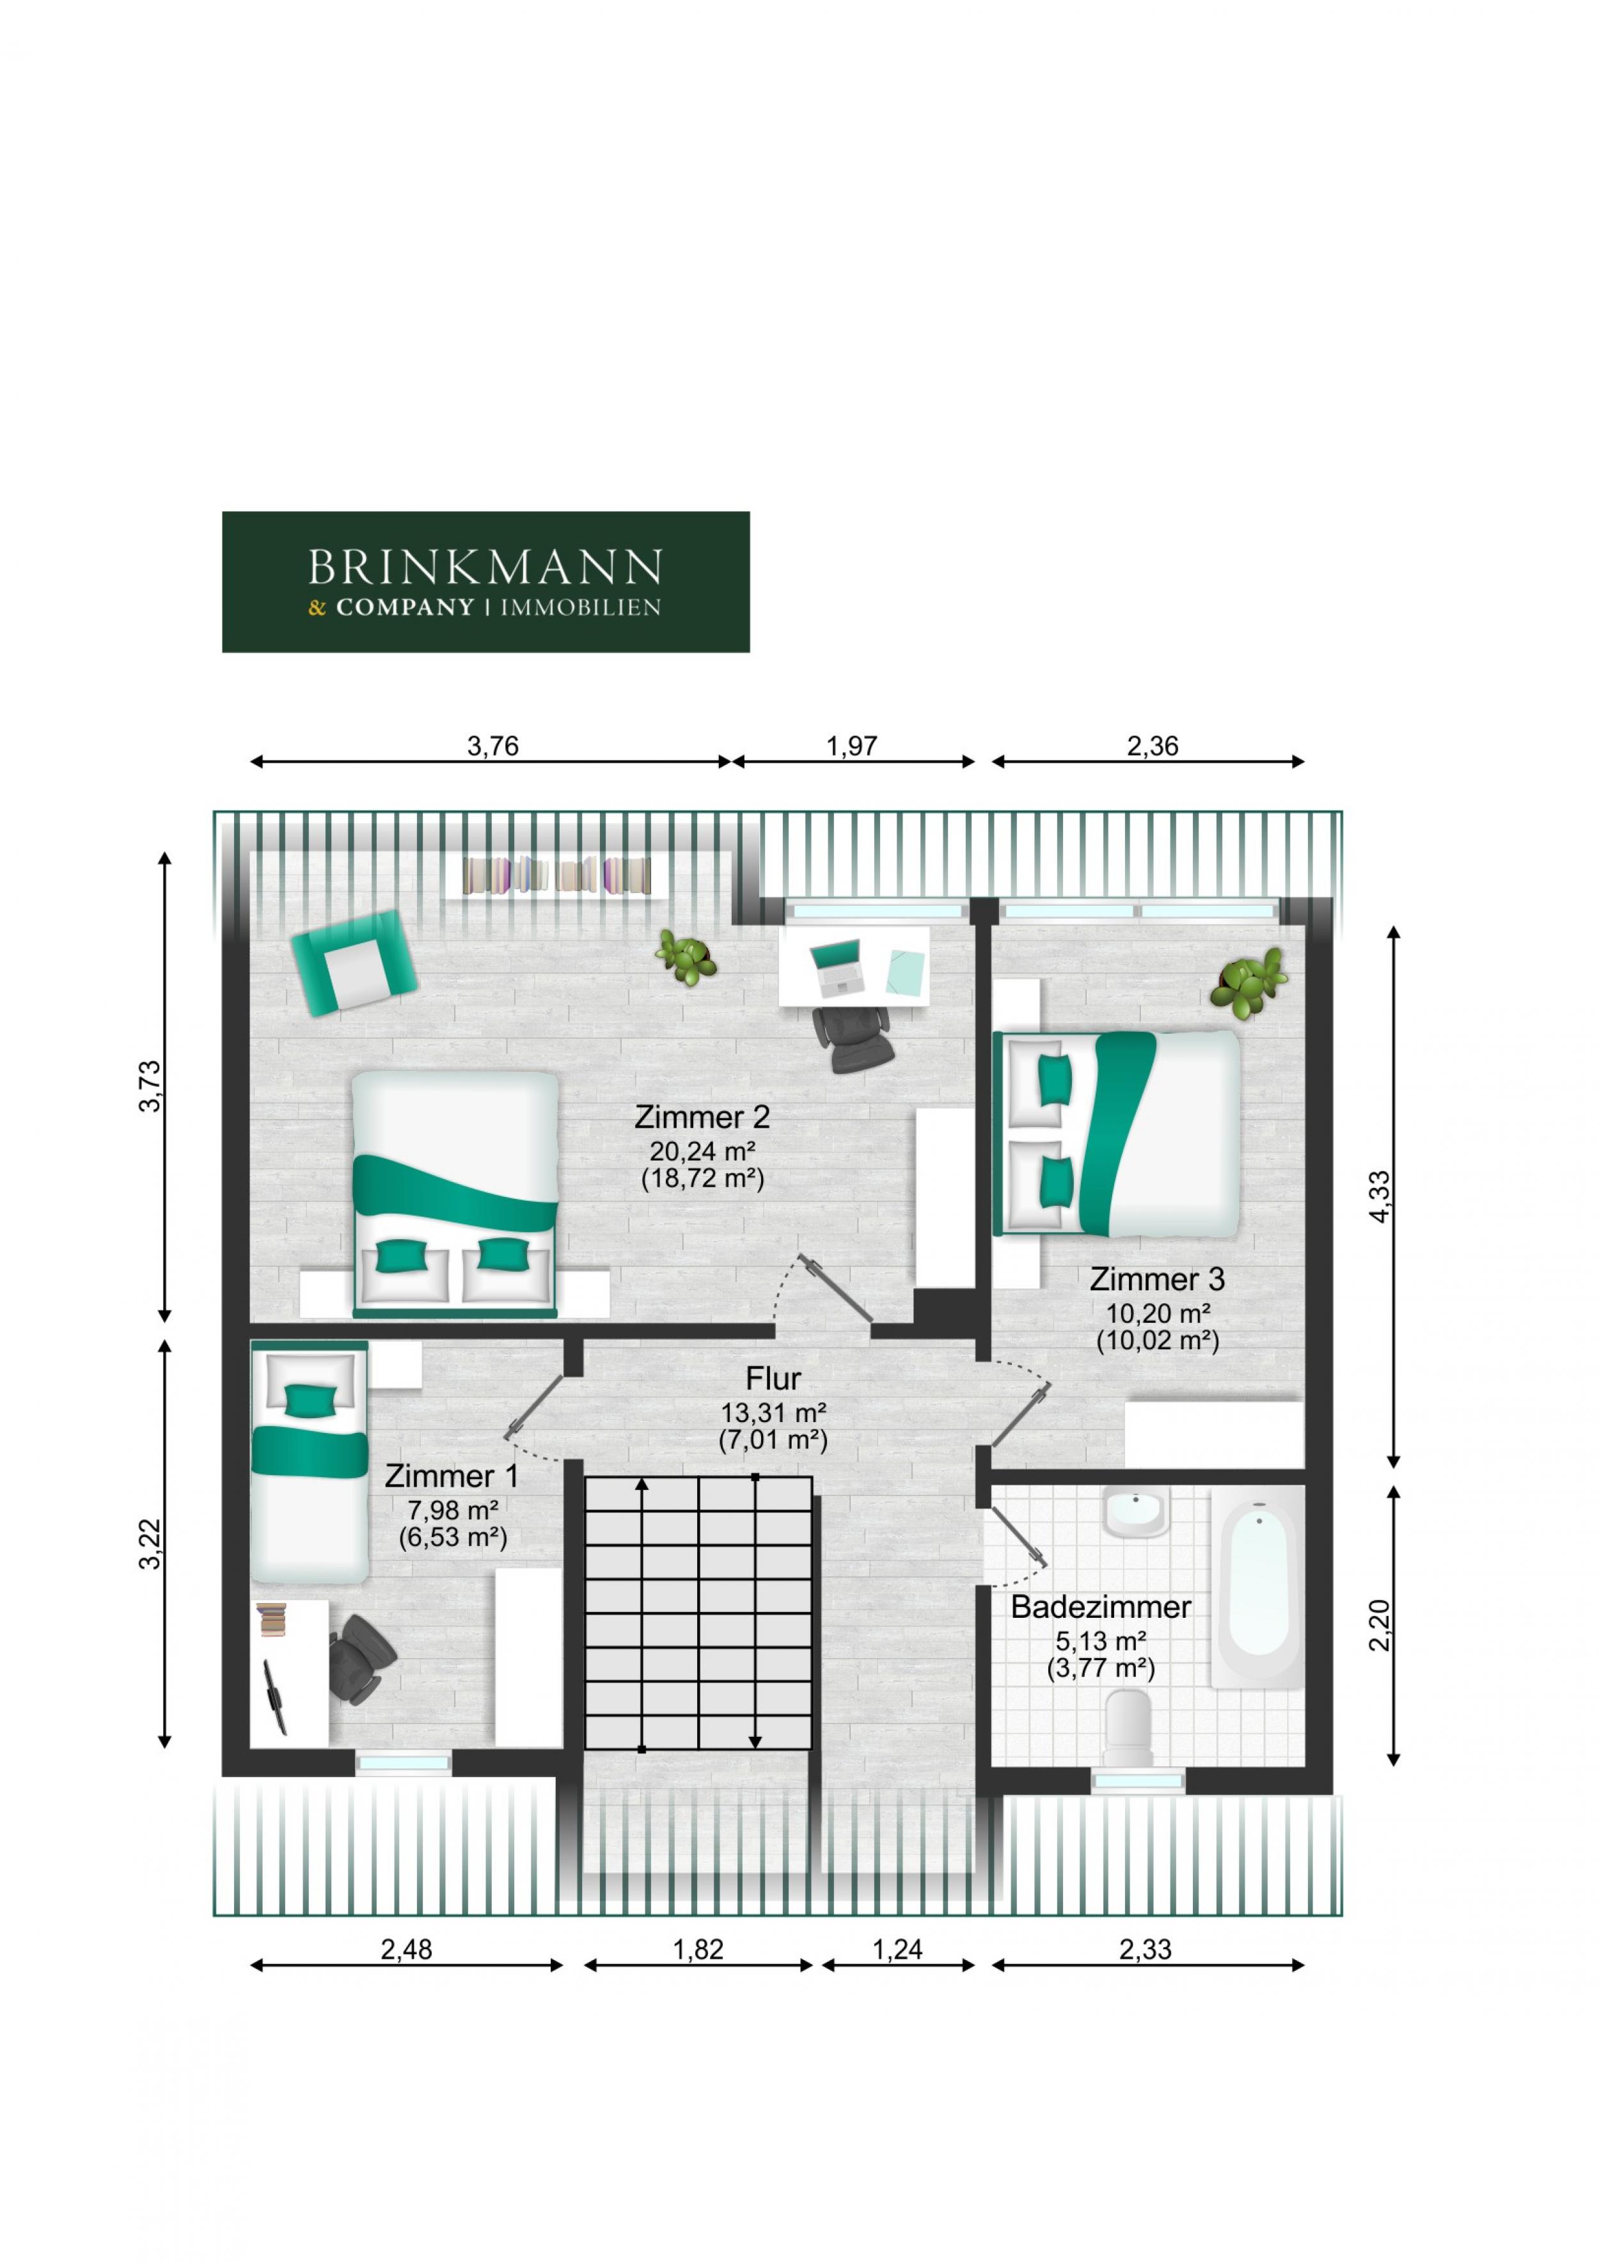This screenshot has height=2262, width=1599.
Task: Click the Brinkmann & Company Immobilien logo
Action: click(485, 581)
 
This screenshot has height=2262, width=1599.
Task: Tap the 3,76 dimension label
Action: click(492, 746)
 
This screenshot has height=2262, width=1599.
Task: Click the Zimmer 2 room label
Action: click(702, 1117)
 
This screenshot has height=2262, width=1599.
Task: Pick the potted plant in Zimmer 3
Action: click(1249, 980)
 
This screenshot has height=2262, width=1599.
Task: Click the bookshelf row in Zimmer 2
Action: click(558, 875)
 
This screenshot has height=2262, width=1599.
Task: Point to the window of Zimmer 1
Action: click(404, 1764)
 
